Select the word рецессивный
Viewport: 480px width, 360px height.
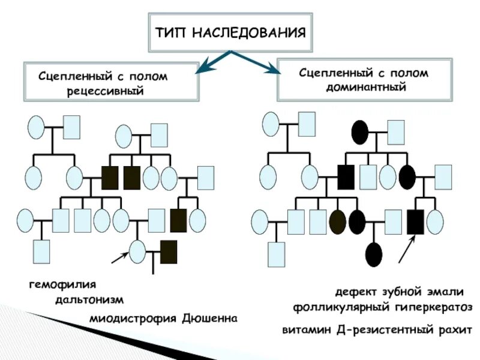[112, 90]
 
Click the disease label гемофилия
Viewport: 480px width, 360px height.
[62, 283]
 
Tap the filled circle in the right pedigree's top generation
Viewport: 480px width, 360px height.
[360, 132]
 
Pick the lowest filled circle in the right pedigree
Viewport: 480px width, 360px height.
[373, 254]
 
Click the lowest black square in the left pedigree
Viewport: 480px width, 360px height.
[169, 252]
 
